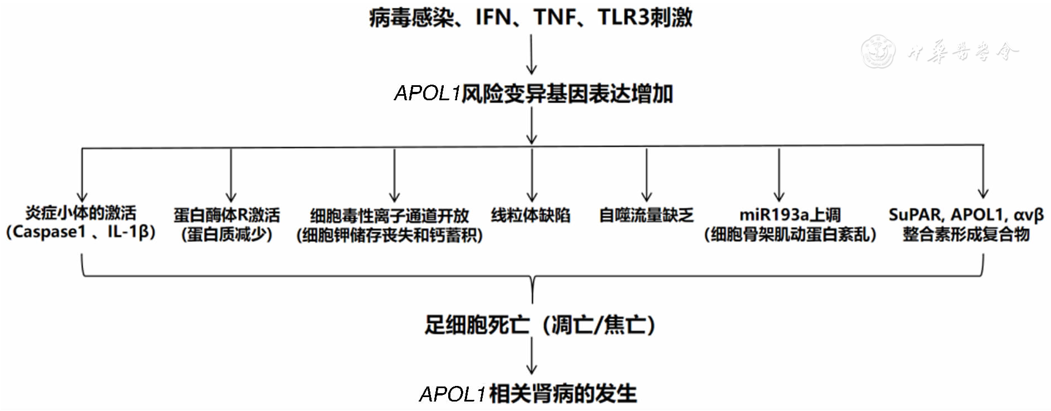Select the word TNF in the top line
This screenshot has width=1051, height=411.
555,17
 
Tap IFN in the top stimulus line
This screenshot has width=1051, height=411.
493,17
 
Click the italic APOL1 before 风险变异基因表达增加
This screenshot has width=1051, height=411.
427,93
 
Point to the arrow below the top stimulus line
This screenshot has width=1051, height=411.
532,55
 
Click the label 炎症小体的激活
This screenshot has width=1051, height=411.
81,213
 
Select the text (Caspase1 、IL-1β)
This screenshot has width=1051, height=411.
81,232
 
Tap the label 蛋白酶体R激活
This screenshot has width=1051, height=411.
227,214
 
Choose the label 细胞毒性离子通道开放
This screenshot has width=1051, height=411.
389,216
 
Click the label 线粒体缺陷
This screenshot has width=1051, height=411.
531,215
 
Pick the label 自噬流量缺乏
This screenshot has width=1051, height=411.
646,215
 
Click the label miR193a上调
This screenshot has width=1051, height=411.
790,214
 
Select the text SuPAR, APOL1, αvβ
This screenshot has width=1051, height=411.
966,214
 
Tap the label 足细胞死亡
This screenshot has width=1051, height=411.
477,325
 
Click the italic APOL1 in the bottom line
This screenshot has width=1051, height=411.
453,394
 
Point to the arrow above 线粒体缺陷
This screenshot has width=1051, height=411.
532,174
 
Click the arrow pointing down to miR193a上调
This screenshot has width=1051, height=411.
779,174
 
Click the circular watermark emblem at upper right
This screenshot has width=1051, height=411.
878,51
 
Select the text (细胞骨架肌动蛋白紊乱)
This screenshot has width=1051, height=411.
790,234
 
